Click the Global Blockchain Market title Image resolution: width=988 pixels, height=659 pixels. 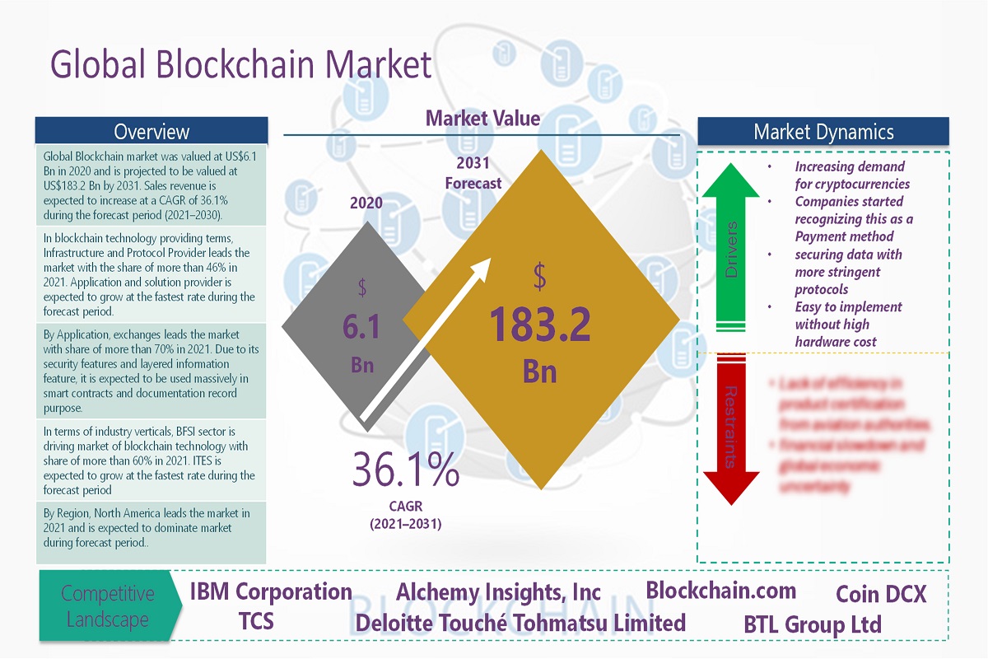click(240, 64)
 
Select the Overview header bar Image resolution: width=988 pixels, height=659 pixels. click(151, 131)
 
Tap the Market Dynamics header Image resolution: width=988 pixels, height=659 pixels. click(823, 132)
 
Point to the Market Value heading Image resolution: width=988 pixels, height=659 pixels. click(482, 119)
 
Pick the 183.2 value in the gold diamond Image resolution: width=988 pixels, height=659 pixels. click(540, 325)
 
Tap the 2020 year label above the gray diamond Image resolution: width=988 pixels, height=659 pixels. click(366, 202)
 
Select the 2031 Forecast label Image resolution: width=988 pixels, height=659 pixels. click(473, 173)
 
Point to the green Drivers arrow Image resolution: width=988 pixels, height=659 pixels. click(730, 247)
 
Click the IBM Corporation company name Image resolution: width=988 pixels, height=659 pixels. click(271, 591)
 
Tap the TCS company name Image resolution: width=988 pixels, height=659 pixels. click(256, 620)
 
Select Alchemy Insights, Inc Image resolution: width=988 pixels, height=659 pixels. click(498, 592)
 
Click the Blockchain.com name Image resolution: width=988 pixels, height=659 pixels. click(720, 590)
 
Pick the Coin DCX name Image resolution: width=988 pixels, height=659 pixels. click(881, 594)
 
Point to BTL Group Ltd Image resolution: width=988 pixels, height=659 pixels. click(812, 624)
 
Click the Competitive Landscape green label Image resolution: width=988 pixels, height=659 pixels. click(107, 606)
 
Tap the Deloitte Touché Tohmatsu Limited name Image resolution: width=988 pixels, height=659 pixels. click(520, 623)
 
